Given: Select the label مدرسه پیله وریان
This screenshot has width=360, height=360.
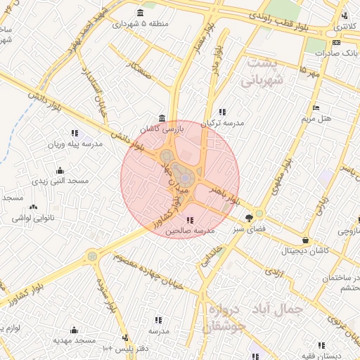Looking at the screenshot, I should point(75,144).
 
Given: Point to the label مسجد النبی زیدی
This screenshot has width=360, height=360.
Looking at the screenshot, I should point(59,181).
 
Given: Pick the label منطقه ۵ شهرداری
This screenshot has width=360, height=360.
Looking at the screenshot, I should point(140,24).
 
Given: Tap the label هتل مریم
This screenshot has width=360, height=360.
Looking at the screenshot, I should point(316,119).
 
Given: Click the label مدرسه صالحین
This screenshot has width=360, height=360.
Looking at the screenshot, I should point(189,231).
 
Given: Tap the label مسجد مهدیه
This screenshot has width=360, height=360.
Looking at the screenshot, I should point(73,340).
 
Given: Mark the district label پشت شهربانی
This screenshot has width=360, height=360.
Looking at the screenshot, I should point(265,72).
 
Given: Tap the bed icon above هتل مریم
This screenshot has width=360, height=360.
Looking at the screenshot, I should point(316,108).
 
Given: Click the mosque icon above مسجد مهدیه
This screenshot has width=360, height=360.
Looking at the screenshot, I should point(73,329).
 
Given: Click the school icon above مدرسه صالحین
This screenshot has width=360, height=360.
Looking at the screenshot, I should point(191,220).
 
